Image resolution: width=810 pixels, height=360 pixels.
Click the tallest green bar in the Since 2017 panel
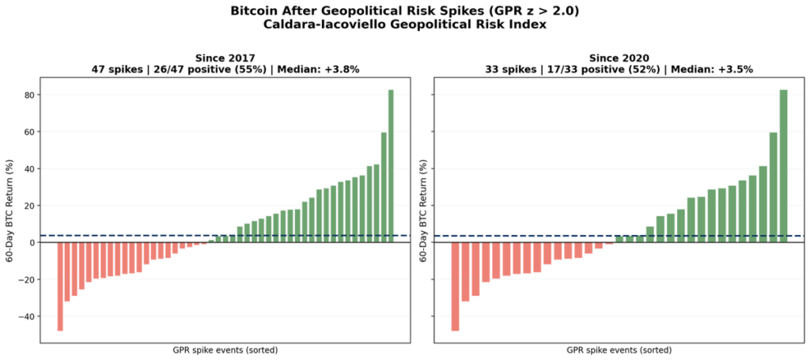391,166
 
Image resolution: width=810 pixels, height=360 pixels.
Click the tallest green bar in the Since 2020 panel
783,166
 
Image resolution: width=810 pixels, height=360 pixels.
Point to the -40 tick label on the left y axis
28,316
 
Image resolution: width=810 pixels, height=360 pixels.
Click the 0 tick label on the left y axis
34,243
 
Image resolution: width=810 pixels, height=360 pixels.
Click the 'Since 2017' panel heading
225,58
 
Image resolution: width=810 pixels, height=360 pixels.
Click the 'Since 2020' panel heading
619,58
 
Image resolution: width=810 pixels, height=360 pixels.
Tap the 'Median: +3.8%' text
324,70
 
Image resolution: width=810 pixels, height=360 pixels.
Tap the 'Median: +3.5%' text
717,70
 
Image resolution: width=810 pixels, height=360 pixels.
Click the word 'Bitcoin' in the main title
256,11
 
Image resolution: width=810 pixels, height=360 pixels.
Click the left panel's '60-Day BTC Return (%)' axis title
9,210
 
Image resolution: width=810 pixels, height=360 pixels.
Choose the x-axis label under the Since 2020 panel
619,350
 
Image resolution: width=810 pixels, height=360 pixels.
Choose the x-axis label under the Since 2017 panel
225,350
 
